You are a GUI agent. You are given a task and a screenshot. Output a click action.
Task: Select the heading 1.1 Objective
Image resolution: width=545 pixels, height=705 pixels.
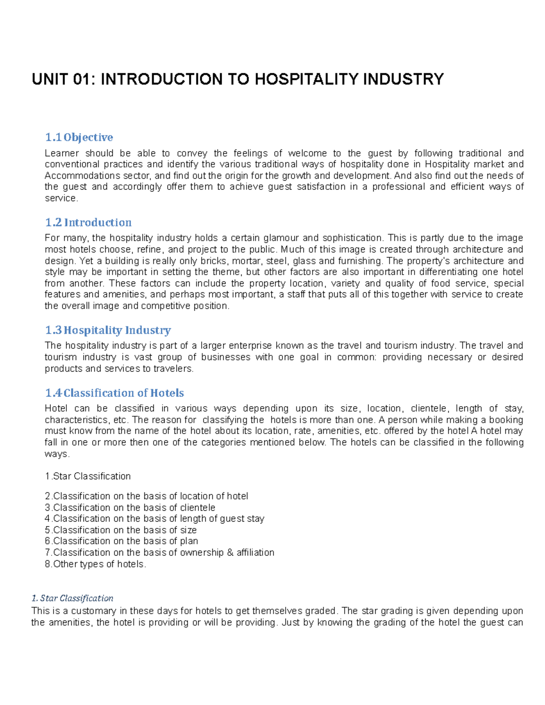tap(79, 137)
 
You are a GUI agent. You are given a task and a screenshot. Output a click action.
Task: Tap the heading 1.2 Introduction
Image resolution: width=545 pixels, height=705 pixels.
tap(88, 222)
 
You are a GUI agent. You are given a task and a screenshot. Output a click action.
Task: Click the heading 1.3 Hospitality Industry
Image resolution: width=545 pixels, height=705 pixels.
tap(108, 330)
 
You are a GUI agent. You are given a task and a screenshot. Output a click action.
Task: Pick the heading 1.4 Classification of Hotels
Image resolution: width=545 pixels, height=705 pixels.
tap(114, 393)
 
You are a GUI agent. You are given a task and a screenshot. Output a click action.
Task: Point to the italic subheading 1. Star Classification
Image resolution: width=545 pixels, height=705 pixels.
tap(72, 598)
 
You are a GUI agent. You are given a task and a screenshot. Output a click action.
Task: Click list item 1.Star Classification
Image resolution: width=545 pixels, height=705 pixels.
tap(88, 476)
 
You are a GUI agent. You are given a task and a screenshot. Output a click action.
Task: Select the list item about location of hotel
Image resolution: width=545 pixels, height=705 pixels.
tap(146, 496)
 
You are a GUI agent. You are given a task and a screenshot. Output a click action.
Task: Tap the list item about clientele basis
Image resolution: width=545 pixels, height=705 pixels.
tap(130, 508)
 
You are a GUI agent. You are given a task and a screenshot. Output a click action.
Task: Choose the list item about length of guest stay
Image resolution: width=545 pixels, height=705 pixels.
tap(154, 518)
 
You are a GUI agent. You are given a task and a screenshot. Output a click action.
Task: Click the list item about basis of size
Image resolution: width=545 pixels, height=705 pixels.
tap(121, 530)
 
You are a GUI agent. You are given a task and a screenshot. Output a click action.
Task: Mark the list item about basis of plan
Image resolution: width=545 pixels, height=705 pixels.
tap(121, 541)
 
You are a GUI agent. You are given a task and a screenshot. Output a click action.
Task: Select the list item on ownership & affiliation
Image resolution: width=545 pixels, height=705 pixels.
tap(159, 552)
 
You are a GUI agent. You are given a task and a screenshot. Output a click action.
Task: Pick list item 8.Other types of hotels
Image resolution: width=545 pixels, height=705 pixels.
tap(95, 564)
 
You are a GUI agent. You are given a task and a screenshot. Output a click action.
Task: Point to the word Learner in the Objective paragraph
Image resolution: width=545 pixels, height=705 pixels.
tap(62, 153)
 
